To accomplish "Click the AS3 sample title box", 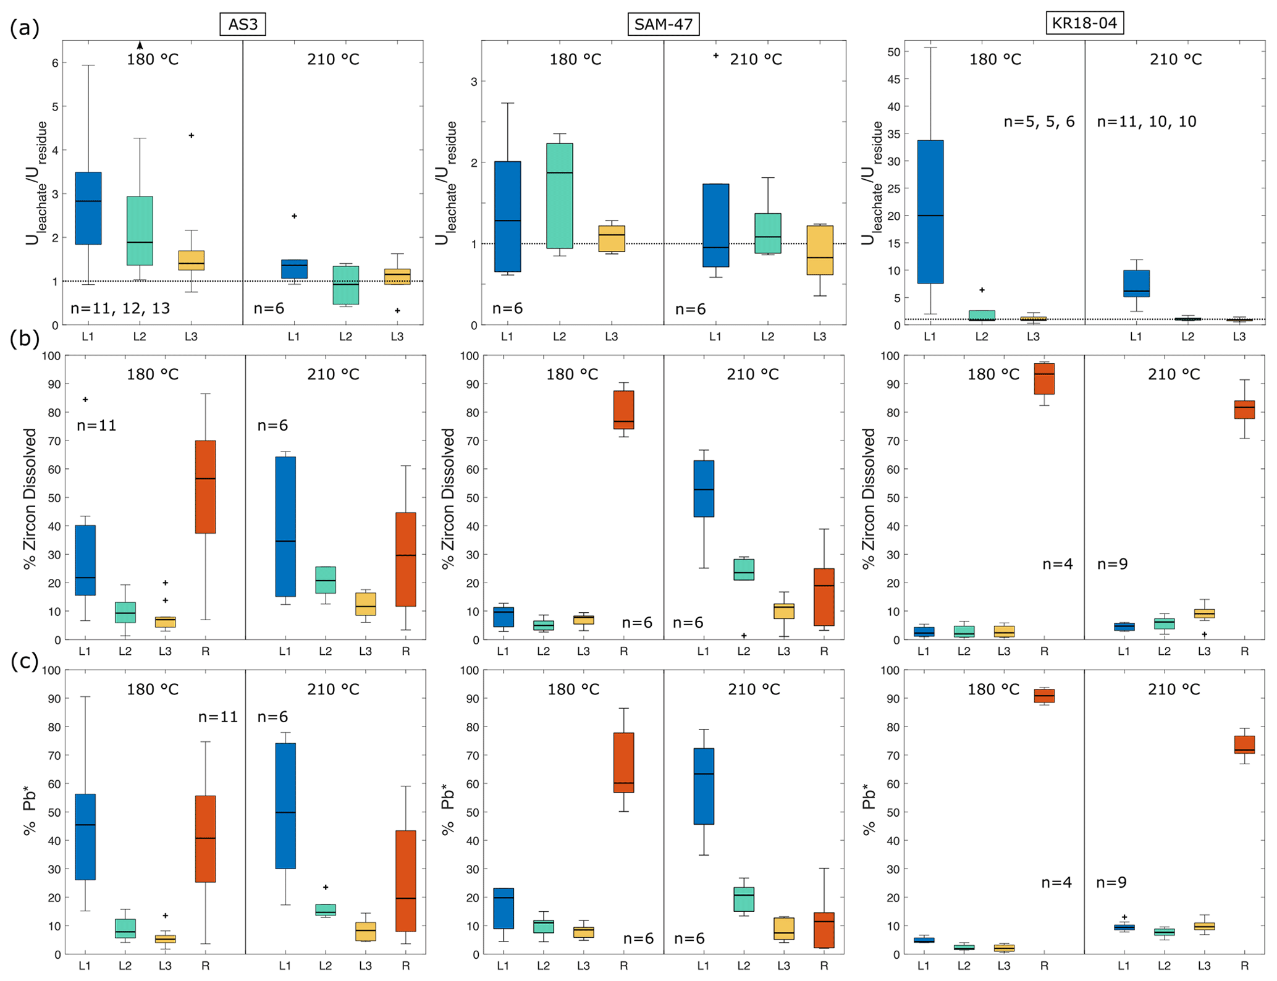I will [x=243, y=24].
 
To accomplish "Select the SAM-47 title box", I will [x=664, y=24].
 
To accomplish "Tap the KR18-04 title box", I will [x=1084, y=23].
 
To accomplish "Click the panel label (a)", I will [x=25, y=28].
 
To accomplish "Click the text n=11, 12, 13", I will [x=120, y=308].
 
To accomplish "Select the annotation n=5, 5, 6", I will [x=1039, y=122].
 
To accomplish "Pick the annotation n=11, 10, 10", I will [x=1146, y=122].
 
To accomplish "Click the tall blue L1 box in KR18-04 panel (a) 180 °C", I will [x=930, y=211].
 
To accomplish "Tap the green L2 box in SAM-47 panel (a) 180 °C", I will [x=559, y=196].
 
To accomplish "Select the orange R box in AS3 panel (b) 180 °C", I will [x=205, y=487].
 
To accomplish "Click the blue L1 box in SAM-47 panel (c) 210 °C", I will [x=704, y=786].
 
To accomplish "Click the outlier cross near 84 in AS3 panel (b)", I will [x=85, y=400].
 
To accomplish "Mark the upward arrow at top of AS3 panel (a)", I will [x=140, y=45].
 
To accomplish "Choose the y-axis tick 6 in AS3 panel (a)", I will [x=55, y=63].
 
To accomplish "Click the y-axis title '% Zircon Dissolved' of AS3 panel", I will [x=30, y=498].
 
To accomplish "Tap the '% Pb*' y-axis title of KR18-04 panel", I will [x=869, y=809].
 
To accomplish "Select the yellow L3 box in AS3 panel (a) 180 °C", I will [x=192, y=260].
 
